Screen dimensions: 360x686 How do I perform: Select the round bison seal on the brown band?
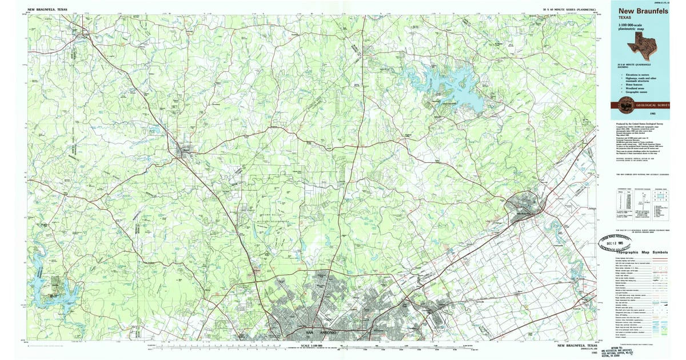(621, 105)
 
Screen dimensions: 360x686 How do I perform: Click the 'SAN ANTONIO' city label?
(317, 332)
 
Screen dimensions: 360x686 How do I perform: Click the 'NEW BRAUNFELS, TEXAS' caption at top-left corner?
(47, 10)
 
